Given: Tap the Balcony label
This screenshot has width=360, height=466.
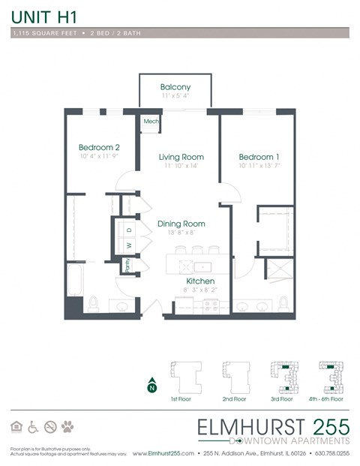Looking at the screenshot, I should (x=175, y=87).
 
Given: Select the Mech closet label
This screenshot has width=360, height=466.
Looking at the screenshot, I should (x=151, y=121).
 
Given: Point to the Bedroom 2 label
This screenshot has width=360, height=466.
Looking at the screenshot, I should (x=99, y=148).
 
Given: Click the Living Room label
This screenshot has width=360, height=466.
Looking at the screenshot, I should (x=181, y=157).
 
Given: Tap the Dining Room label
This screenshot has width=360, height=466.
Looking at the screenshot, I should (x=181, y=224).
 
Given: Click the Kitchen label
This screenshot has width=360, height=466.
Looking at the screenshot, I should (x=180, y=281).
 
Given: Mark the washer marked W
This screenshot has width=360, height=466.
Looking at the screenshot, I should (x=128, y=245).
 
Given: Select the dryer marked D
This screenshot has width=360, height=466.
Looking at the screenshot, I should (x=128, y=230).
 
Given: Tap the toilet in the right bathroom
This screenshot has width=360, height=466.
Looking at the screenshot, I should (x=283, y=302).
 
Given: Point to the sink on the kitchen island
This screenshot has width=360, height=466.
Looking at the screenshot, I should (x=200, y=266).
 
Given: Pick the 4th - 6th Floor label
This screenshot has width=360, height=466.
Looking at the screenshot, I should (x=331, y=399).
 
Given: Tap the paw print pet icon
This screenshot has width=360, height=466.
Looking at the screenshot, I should (x=67, y=427).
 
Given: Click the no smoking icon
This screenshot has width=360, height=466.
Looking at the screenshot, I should (x=50, y=427).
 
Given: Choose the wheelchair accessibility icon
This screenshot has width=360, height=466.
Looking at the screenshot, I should (x=33, y=427).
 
